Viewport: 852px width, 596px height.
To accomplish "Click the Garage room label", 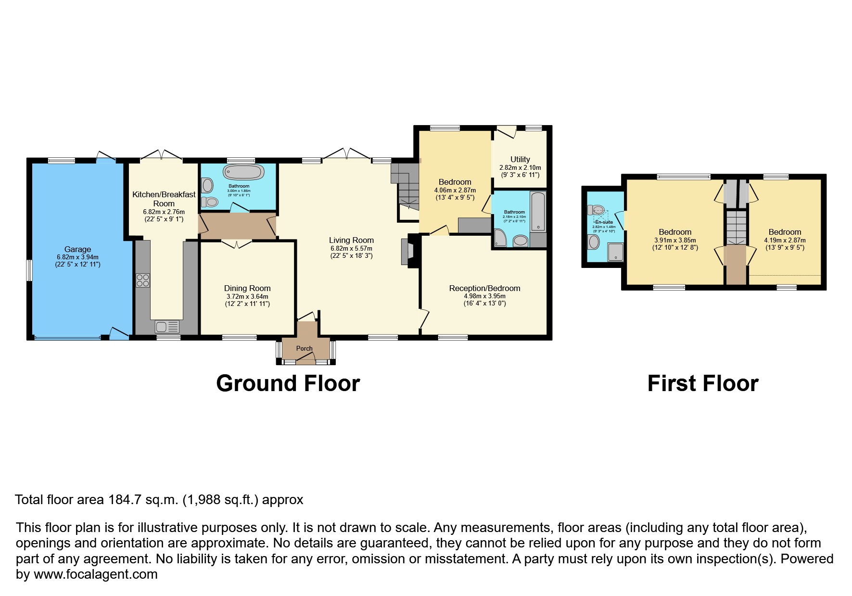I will click(x=77, y=249).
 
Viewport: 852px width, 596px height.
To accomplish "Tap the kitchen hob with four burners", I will click(x=143, y=280).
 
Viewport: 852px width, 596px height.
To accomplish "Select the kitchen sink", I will click(x=166, y=327).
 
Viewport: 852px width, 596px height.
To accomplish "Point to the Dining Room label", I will click(x=247, y=289).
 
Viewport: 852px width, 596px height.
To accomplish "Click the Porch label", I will click(x=304, y=348).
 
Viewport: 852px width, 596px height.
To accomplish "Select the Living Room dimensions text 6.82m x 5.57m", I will click(x=351, y=248).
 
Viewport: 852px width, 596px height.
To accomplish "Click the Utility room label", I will click(x=520, y=159).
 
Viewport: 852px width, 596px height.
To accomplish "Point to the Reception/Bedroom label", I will click(x=484, y=289).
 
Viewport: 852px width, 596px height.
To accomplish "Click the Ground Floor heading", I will click(x=288, y=383).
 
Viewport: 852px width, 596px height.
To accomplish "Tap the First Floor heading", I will click(x=702, y=383).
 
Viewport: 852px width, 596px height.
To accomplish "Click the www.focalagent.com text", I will click(x=95, y=574).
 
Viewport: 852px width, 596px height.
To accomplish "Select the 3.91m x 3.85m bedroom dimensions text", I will click(x=675, y=240).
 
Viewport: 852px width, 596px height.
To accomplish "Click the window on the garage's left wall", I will click(x=29, y=270).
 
